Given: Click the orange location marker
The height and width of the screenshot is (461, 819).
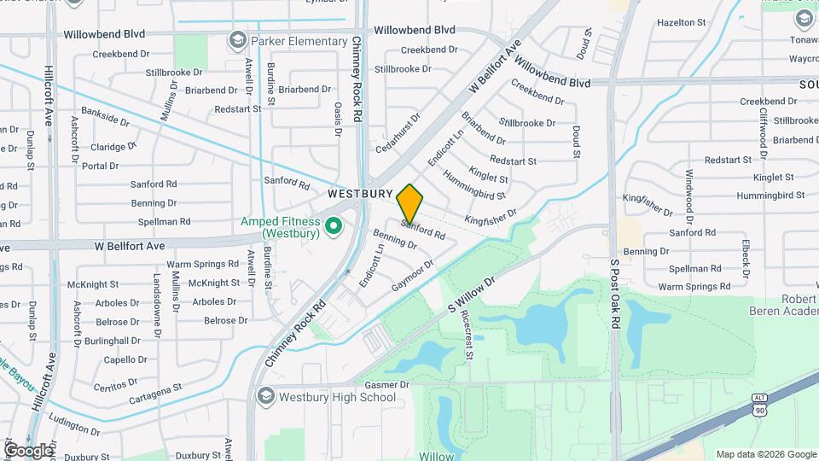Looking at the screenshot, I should point(409,203).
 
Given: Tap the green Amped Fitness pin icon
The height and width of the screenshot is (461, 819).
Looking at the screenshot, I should point(334,226).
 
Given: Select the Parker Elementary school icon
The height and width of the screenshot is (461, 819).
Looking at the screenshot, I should point(236,39).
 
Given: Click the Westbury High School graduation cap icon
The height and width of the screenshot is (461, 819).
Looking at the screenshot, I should point(265,397).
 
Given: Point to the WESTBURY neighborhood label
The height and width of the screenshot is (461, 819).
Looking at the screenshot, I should point(359,195).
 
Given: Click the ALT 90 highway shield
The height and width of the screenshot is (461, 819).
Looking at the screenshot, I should point(759,404).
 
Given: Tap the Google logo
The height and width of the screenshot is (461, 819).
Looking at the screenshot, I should point(28,450).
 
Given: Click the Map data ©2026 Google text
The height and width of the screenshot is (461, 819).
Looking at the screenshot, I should point(765,454).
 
